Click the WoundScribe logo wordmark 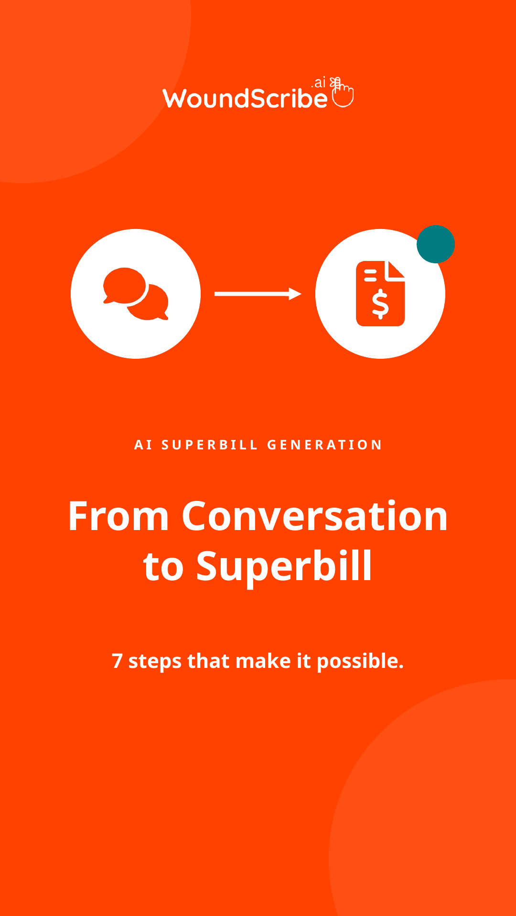click(245, 98)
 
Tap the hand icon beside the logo click(342, 92)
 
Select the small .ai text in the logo click(319, 83)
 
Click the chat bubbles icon click(136, 294)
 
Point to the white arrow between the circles click(258, 294)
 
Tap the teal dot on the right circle click(436, 244)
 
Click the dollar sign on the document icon click(380, 304)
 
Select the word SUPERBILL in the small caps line click(210, 445)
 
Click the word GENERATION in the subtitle click(324, 445)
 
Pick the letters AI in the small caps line click(143, 445)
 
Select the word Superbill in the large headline click(284, 566)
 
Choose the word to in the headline click(163, 568)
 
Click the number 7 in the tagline click(117, 661)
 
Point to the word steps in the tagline click(155, 662)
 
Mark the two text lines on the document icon click(371, 275)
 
